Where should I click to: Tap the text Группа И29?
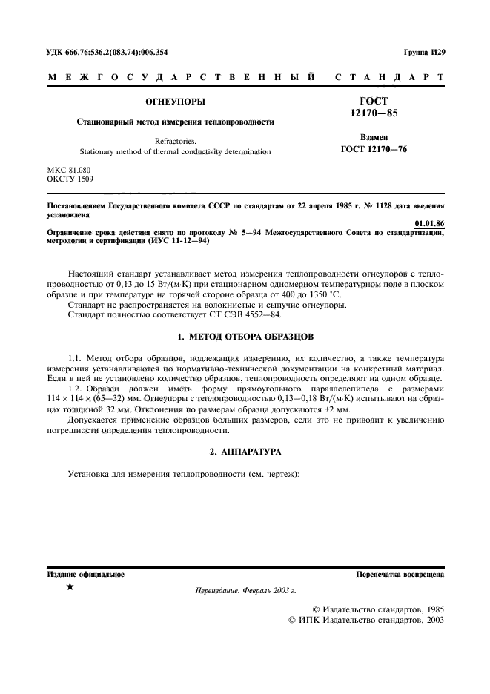coord(423,52)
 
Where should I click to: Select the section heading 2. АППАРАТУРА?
coord(245,451)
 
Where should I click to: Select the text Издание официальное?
coord(86,574)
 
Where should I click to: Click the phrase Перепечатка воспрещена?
coord(400,574)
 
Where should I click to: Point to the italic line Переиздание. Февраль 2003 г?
coord(245,591)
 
